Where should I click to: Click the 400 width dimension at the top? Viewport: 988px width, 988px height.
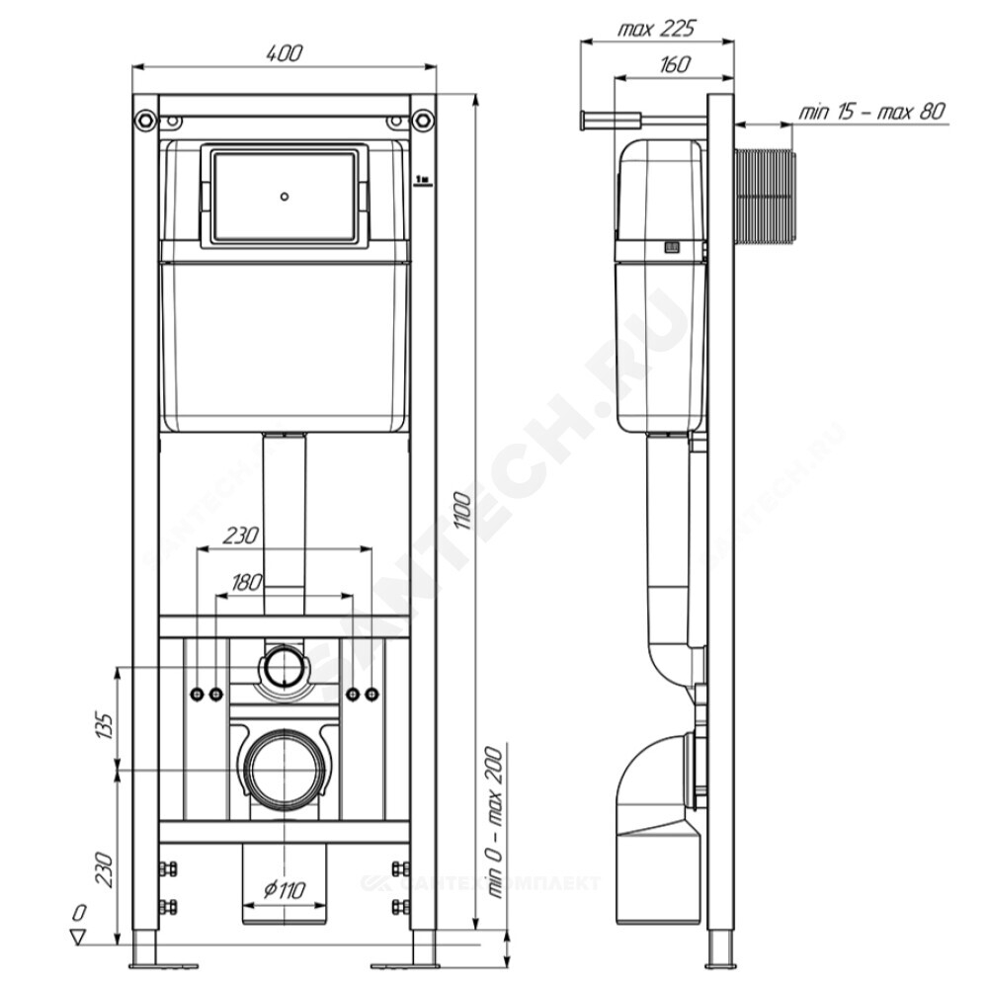pyautogui.click(x=285, y=53)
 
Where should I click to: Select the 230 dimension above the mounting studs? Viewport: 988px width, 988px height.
pyautogui.click(x=242, y=535)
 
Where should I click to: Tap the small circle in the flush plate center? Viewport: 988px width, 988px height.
pyautogui.click(x=284, y=196)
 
